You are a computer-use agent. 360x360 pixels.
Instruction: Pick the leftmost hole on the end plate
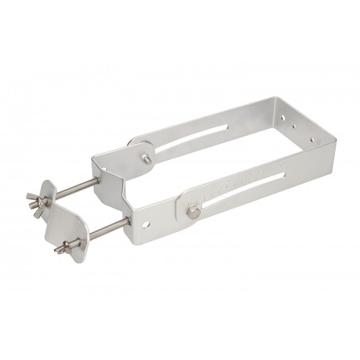click(x=283, y=117)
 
